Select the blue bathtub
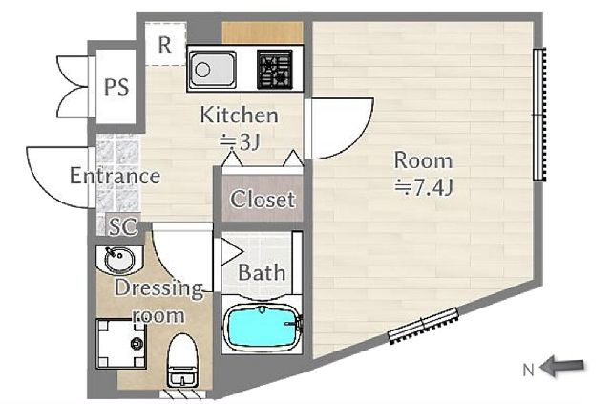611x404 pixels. point(261,329)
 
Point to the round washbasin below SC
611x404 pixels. point(118,259)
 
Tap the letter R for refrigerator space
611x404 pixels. point(164,43)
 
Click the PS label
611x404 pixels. point(116,88)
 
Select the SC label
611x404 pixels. point(121,226)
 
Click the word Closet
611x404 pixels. point(263,201)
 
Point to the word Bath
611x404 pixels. point(262,272)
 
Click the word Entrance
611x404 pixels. point(115,176)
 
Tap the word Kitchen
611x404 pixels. point(239,116)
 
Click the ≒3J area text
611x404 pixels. point(240,141)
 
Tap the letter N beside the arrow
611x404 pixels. point(528,367)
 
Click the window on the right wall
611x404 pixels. point(540,115)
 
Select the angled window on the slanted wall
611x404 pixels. point(424,325)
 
